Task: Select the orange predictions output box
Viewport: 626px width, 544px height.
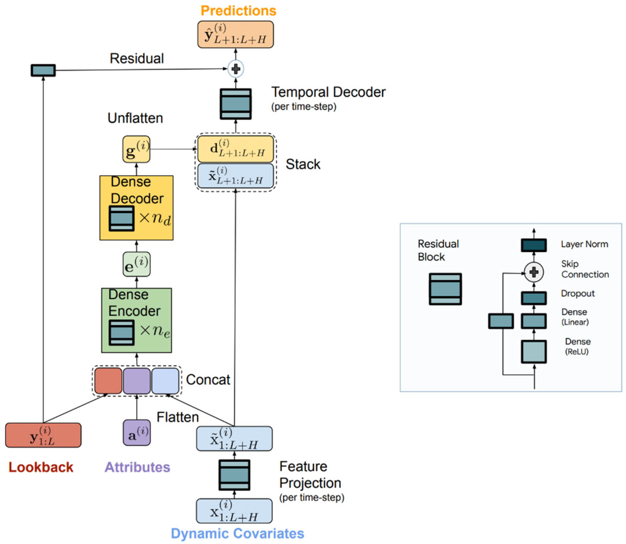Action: point(235,35)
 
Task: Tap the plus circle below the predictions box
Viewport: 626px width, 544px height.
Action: point(236,69)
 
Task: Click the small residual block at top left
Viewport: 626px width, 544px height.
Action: point(43,70)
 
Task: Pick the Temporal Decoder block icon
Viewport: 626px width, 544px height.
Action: point(236,104)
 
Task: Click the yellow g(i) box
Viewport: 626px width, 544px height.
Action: point(136,149)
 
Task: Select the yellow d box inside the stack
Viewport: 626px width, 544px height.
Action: point(235,149)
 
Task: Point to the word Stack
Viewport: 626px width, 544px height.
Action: point(303,164)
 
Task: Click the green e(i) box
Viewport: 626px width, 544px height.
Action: point(136,264)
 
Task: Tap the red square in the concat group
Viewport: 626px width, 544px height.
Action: point(108,381)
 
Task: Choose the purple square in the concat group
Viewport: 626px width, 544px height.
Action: point(137,381)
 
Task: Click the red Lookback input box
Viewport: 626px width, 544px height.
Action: point(43,435)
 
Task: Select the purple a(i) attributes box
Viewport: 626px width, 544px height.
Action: point(137,433)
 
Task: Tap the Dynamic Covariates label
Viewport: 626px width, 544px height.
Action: point(237,534)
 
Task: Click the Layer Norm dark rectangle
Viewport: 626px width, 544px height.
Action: point(534,245)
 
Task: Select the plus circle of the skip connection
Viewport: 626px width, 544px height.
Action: point(534,272)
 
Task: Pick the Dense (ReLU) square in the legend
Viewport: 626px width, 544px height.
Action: point(534,352)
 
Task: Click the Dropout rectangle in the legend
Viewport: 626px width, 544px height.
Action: point(534,298)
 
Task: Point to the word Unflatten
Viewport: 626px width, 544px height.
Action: point(135,118)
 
